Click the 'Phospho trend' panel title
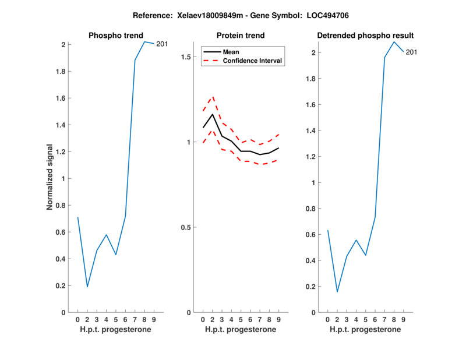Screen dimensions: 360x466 115,36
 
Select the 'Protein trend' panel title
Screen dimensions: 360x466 241,36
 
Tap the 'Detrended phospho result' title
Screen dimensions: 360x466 365,36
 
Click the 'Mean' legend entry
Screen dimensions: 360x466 231,51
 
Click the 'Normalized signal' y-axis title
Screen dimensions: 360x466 51,177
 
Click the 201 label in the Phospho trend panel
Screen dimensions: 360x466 162,44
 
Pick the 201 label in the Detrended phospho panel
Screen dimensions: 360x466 411,52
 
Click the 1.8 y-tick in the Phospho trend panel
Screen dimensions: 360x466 59,71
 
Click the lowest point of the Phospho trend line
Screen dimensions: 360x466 87,287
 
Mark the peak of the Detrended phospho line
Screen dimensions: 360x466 394,41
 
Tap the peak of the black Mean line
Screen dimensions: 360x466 213,114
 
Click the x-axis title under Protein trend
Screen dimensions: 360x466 240,330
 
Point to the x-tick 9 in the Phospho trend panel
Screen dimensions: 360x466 154,319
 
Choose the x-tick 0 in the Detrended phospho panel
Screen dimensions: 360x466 328,319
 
